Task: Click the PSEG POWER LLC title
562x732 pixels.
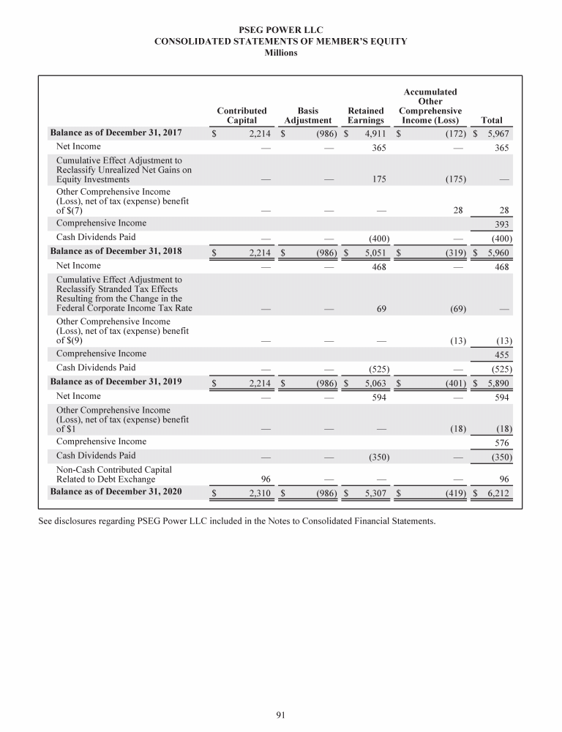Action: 281,30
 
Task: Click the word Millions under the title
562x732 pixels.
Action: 281,52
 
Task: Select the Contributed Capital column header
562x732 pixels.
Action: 241,115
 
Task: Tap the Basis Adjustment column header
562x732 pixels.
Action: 308,115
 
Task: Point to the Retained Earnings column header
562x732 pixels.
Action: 366,115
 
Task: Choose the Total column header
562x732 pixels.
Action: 492,120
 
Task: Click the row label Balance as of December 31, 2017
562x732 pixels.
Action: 115,132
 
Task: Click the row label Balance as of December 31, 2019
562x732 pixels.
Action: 115,381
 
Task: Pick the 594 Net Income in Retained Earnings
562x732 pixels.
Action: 376,397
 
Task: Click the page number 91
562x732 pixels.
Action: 280,715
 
